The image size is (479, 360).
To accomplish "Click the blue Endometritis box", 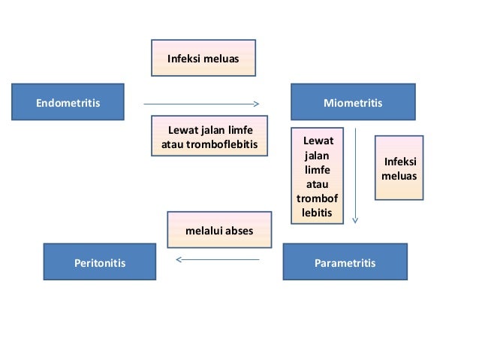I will [68, 102].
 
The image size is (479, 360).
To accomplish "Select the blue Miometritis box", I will [352, 102].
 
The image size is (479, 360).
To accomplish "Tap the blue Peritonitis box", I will [99, 262].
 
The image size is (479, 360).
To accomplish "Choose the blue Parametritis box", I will [345, 262].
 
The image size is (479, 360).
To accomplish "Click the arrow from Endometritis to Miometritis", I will [200, 104].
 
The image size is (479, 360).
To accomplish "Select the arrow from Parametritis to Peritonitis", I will [218, 260].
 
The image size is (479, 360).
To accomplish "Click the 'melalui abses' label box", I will [219, 231].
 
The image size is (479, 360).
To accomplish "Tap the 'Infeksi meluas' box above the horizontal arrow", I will [203, 58].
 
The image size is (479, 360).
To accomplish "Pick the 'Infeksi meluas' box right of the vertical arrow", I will [399, 168].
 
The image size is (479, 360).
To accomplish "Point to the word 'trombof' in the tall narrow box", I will [317, 198].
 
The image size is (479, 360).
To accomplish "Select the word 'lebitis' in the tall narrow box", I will [317, 213].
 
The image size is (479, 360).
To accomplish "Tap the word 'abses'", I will [239, 231].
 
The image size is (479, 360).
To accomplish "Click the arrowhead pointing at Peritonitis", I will [179, 260].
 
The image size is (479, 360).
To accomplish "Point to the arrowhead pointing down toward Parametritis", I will [355, 220].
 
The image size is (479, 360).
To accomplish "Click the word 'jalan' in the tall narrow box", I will [316, 156].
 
